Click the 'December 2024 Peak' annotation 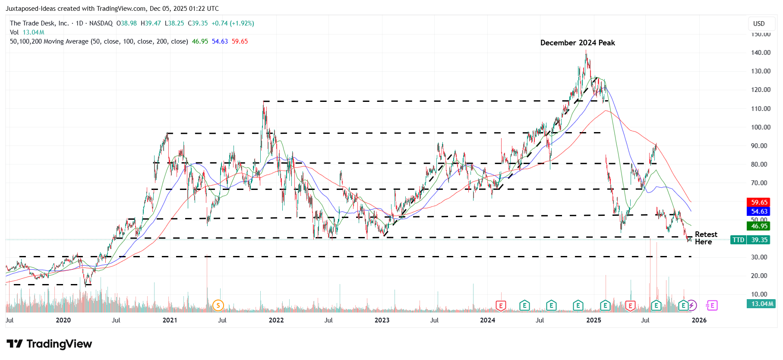tap(577, 43)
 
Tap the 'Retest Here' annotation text tap(706, 238)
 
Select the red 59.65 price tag tap(759, 202)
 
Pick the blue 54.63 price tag tap(759, 211)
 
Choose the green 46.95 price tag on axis tap(759, 226)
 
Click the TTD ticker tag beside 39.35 tap(738, 240)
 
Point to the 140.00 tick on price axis tap(761, 53)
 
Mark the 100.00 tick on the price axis tap(761, 127)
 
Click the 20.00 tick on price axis tap(761, 276)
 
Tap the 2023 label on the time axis tap(382, 320)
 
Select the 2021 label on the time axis tap(170, 320)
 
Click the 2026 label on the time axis tap(699, 320)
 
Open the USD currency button tap(759, 24)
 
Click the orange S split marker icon tap(218, 306)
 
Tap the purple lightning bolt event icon tap(691, 306)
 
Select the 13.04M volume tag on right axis tap(762, 304)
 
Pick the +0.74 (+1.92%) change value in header tap(233, 23)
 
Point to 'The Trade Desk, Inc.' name tap(39, 23)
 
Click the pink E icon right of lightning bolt tap(711, 306)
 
